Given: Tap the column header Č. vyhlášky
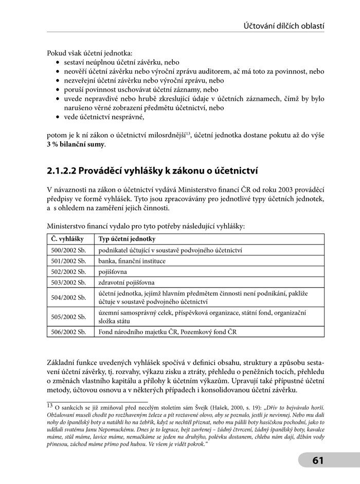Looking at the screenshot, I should click(65, 239).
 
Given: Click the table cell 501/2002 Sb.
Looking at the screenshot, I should click(68, 261).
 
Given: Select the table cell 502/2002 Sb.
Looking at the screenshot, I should click(68, 272).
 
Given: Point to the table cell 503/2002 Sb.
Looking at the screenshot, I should click(68, 283).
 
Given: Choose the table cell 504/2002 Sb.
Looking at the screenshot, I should click(68, 297).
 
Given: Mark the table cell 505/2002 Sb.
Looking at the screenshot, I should click(68, 317).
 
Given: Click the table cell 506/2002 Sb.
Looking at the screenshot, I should click(68, 331).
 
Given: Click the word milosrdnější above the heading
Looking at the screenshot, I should click(167, 135).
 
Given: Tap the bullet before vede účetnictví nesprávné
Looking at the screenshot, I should click(57, 117).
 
